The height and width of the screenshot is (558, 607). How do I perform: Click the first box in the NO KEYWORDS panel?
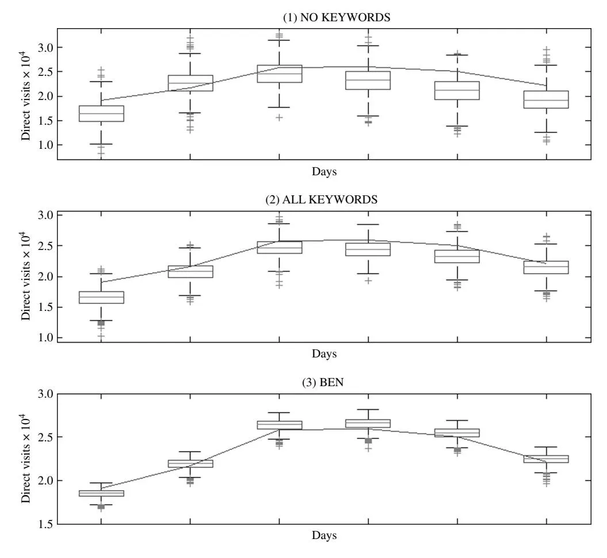101,113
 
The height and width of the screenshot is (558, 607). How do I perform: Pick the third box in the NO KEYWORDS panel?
279,74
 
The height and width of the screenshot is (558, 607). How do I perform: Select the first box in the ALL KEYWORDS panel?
101,297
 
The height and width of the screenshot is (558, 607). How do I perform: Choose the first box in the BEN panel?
101,493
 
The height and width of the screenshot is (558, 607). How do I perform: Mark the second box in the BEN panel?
190,463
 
